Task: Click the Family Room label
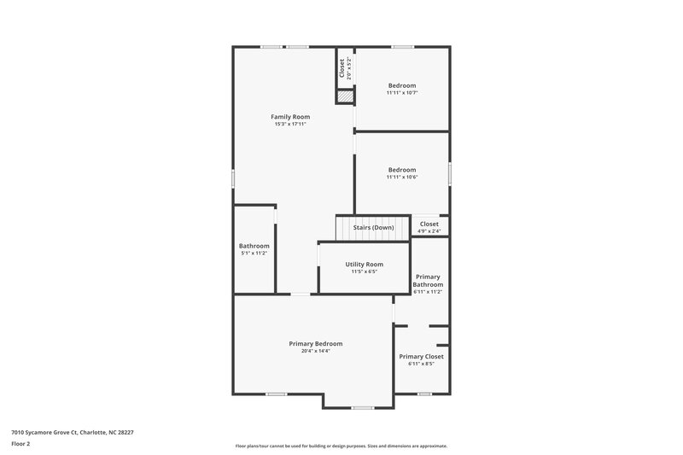coord(290,116)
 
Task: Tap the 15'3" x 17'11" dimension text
coord(290,124)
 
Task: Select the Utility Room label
coord(364,265)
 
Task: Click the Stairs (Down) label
coord(373,227)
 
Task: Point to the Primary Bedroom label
coord(315,343)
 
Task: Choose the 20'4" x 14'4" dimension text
coord(315,351)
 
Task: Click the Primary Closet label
coord(421,356)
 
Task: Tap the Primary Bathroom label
coord(428,281)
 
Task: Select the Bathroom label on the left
coord(254,246)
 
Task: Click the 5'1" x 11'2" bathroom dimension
coord(254,254)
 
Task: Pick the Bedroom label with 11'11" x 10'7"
coord(402,85)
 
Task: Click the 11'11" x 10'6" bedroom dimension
coord(402,177)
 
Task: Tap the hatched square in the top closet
coord(344,97)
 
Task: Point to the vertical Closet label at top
coord(342,68)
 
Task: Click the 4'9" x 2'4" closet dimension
coord(429,231)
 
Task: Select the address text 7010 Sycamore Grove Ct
coord(72,432)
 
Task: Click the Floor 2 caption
coord(20,444)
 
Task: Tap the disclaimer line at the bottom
coord(341,446)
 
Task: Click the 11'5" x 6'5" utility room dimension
coord(364,271)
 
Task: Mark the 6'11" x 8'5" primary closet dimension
coord(421,364)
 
